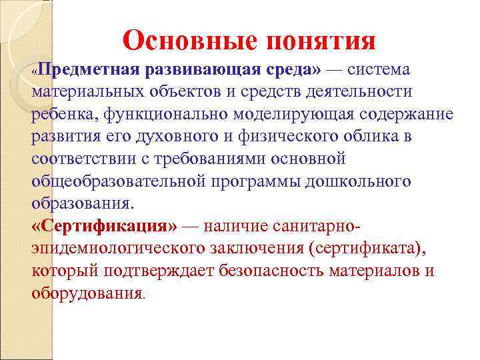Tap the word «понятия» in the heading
[321, 41]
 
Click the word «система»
[379, 70]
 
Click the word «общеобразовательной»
[119, 181]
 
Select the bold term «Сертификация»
[105, 226]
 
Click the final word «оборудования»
[87, 293]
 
